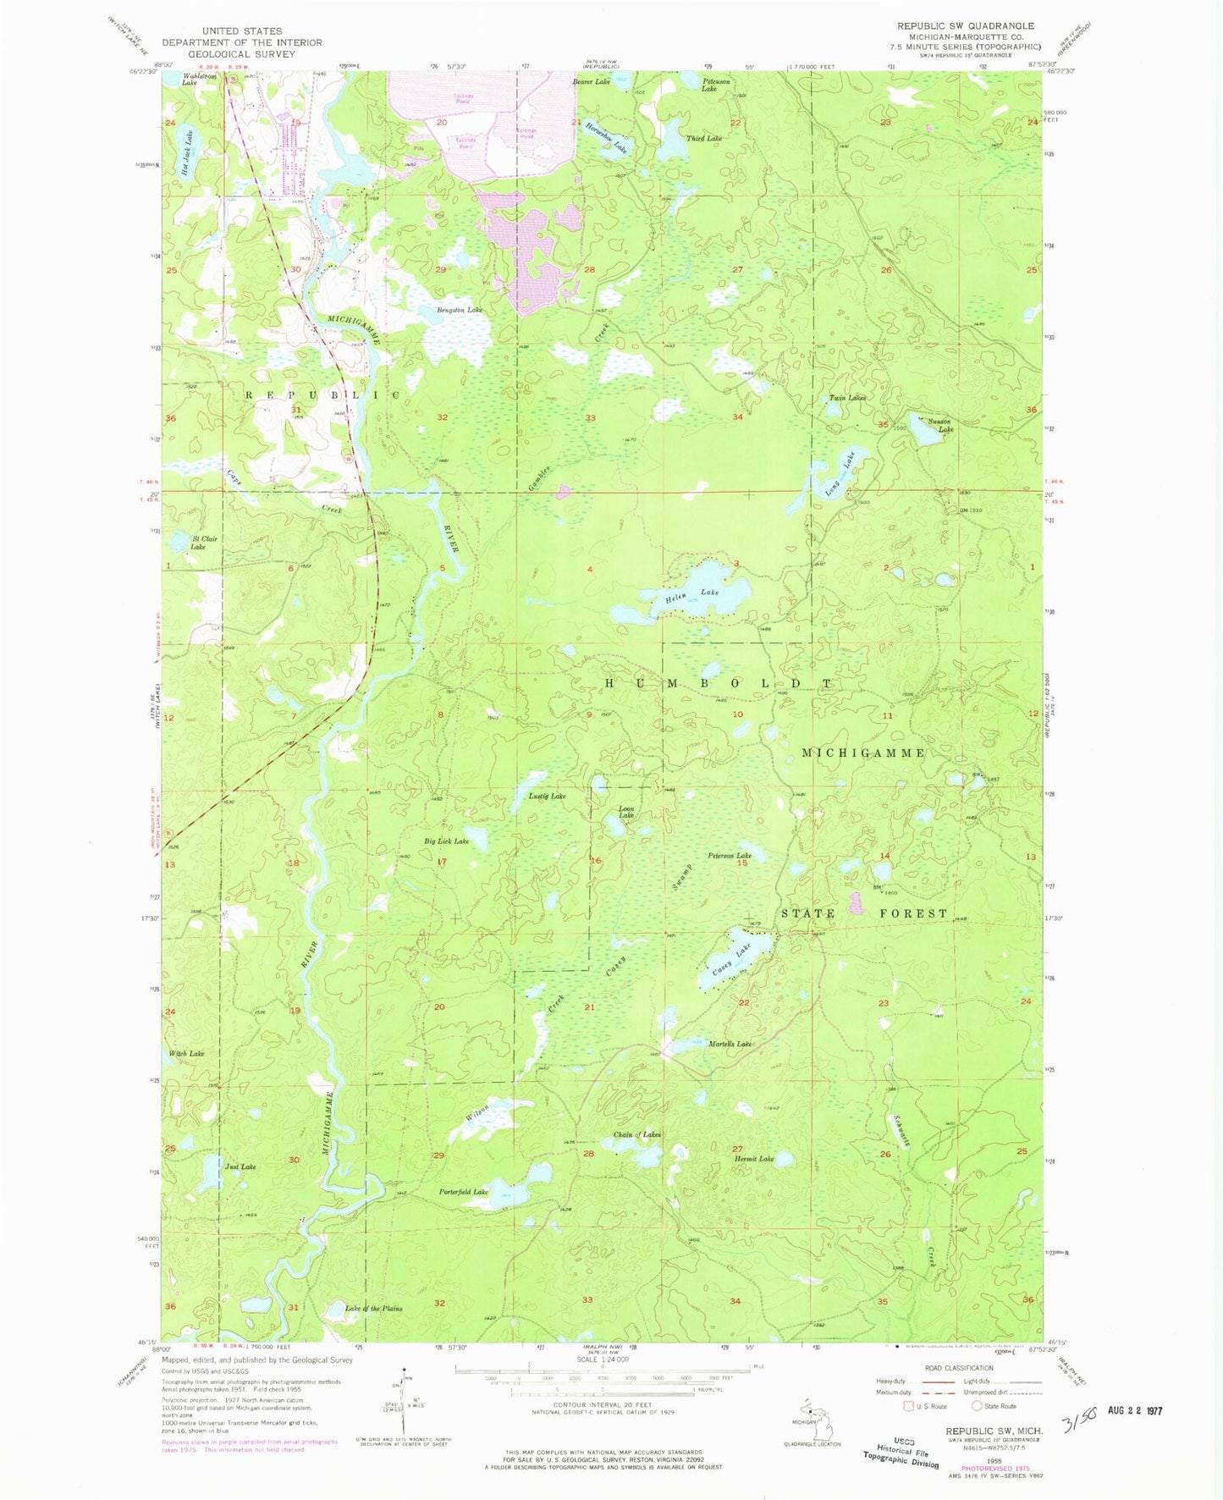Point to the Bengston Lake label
[460, 311]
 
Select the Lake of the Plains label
[373, 1308]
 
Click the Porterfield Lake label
[464, 1192]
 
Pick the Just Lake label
[240, 1166]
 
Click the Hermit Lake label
[753, 1159]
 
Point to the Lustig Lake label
[547, 797]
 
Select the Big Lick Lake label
[446, 841]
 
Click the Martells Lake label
[730, 1044]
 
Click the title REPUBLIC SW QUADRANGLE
[965, 26]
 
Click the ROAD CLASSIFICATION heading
[959, 1368]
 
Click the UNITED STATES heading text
[242, 31]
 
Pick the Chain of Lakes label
[636, 1134]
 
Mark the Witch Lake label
[186, 1054]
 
